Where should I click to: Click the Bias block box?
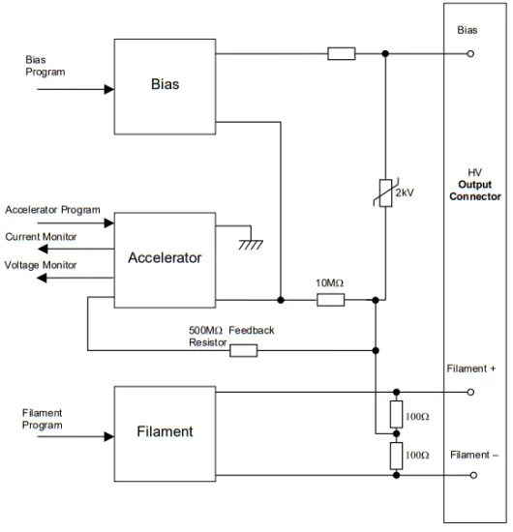point(165,85)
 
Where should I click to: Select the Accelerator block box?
point(165,257)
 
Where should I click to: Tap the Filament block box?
point(165,431)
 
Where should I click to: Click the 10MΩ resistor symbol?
point(331,300)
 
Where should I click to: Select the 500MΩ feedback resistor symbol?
point(244,349)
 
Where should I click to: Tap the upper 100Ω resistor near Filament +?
point(395,415)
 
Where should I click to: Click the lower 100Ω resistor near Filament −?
point(395,454)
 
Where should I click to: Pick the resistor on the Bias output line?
point(342,53)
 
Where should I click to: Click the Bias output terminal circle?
point(470,53)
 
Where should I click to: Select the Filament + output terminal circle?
point(470,392)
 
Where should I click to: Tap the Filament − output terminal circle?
point(470,475)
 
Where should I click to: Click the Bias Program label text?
point(45,66)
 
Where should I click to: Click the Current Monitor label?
point(42,236)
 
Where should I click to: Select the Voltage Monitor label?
point(42,264)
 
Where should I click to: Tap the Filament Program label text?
point(43,419)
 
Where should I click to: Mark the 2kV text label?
point(406,192)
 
